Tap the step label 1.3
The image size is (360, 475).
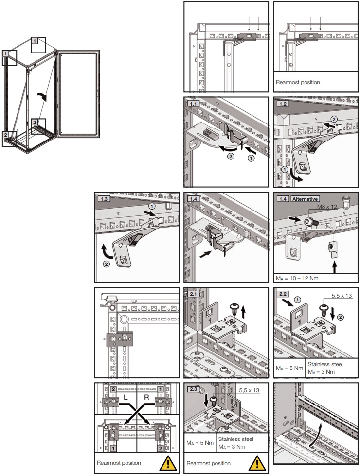tap(103, 198)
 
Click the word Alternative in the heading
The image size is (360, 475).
tap(305, 198)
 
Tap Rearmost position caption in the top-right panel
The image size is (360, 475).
tap(298, 82)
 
